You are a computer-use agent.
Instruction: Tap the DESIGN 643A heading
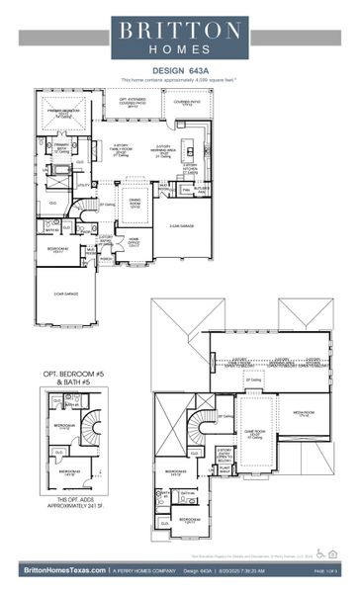tap(180, 70)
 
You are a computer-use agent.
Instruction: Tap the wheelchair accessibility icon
tap(319, 552)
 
